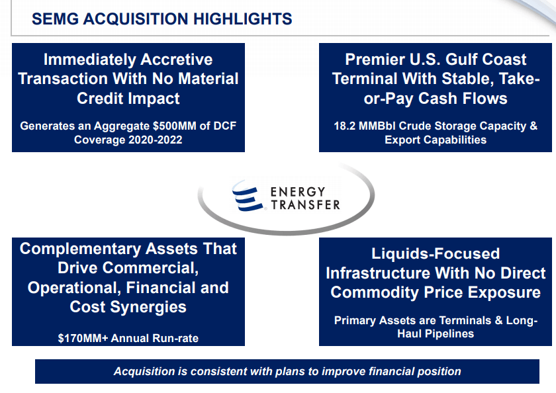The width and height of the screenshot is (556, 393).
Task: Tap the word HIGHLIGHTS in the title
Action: coord(242,19)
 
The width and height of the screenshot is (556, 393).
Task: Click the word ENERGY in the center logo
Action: coord(298,192)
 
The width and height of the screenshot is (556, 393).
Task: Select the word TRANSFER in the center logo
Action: coord(306,205)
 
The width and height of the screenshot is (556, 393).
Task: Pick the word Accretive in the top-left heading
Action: coord(177,60)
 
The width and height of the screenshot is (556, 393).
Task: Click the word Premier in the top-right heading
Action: coord(375,60)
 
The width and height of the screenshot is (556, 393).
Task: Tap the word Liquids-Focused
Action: coord(436,254)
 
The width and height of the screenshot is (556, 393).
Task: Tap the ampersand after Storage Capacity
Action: coord(533,126)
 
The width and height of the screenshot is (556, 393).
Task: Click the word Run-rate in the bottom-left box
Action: coord(175,338)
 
